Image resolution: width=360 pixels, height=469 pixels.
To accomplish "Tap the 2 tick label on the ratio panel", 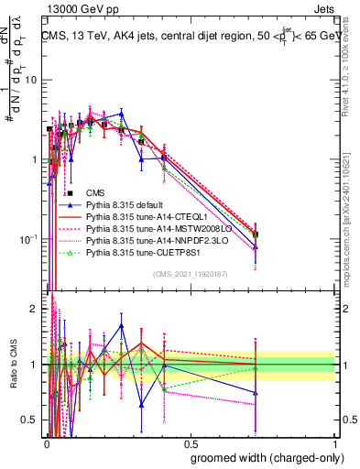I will click(x=33, y=309).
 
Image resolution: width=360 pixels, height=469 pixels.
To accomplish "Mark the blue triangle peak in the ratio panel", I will click(x=121, y=325).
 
